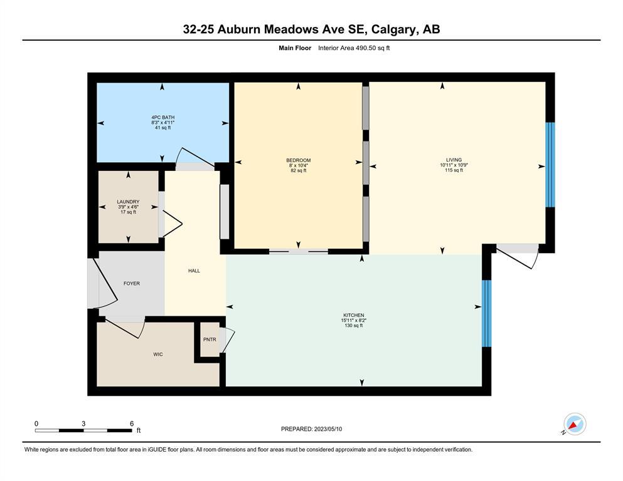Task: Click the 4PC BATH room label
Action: coord(163,117)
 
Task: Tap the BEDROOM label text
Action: coord(299,160)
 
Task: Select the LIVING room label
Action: coord(454,160)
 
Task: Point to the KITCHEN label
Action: coord(354,315)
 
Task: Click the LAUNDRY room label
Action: coord(128,202)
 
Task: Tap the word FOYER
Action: coord(132,284)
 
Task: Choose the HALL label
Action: coord(194,271)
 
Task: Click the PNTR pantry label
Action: coord(210,339)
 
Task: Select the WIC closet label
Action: coord(157,354)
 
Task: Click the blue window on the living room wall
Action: coord(550,165)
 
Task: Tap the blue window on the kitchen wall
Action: coord(486,313)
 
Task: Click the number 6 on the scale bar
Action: coord(132,423)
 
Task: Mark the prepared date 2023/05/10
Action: coord(327,429)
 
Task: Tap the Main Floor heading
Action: coord(295,48)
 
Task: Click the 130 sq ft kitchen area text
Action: coord(354,326)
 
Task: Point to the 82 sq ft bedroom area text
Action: coord(299,170)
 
